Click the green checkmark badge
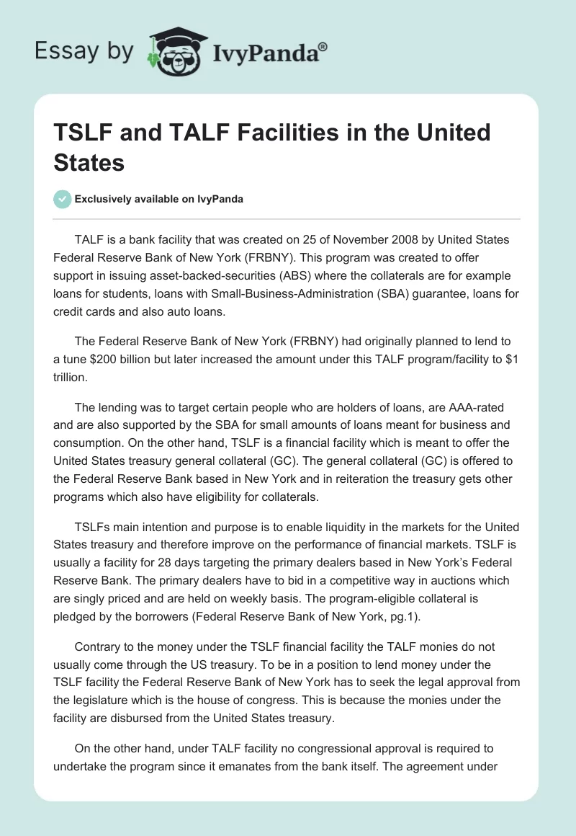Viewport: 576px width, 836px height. (x=63, y=199)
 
